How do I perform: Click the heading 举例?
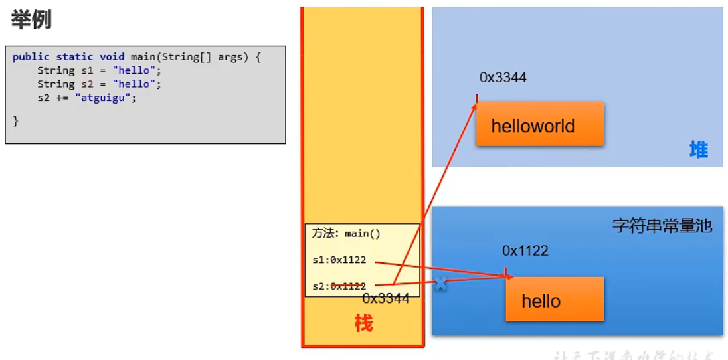tap(31, 20)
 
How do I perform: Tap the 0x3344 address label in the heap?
tap(503, 78)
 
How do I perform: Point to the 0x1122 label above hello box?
tap(525, 250)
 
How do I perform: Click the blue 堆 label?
tap(698, 150)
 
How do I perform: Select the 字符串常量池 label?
tap(662, 226)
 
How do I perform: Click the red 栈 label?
tap(363, 323)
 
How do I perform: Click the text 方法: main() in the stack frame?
tap(346, 234)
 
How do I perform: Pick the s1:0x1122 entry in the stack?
tap(339, 260)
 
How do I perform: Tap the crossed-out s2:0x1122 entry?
tap(339, 286)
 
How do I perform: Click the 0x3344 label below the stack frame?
tap(385, 299)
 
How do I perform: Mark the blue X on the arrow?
tap(439, 283)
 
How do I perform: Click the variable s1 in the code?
tap(87, 70)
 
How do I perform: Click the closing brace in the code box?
tap(15, 120)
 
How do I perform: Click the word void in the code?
tap(112, 57)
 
